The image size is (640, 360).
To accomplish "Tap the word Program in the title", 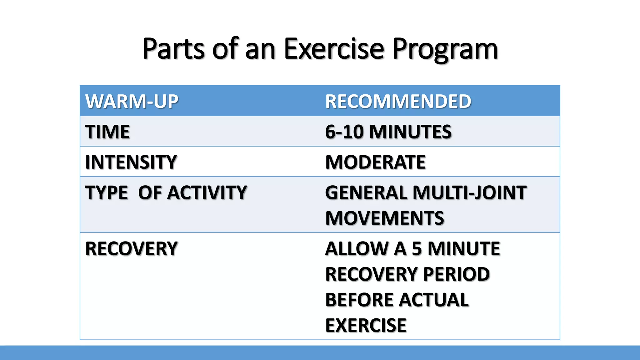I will [445, 49].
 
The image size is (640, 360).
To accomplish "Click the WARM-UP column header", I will [132, 101].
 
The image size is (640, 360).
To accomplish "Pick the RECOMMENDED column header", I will [398, 101].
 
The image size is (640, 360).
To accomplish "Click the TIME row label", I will [107, 132].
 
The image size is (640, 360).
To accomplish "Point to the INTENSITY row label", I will [131, 162].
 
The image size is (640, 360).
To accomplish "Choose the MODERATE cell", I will [375, 162].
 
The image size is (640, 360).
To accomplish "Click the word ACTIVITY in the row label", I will [207, 192].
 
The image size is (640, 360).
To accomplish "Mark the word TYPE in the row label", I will [107, 192].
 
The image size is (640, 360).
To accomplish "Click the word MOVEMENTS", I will [384, 218].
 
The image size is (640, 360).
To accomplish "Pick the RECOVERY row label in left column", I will [131, 248].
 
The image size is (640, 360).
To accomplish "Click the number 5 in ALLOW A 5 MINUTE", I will [417, 248].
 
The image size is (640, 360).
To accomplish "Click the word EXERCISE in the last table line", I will [366, 325].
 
